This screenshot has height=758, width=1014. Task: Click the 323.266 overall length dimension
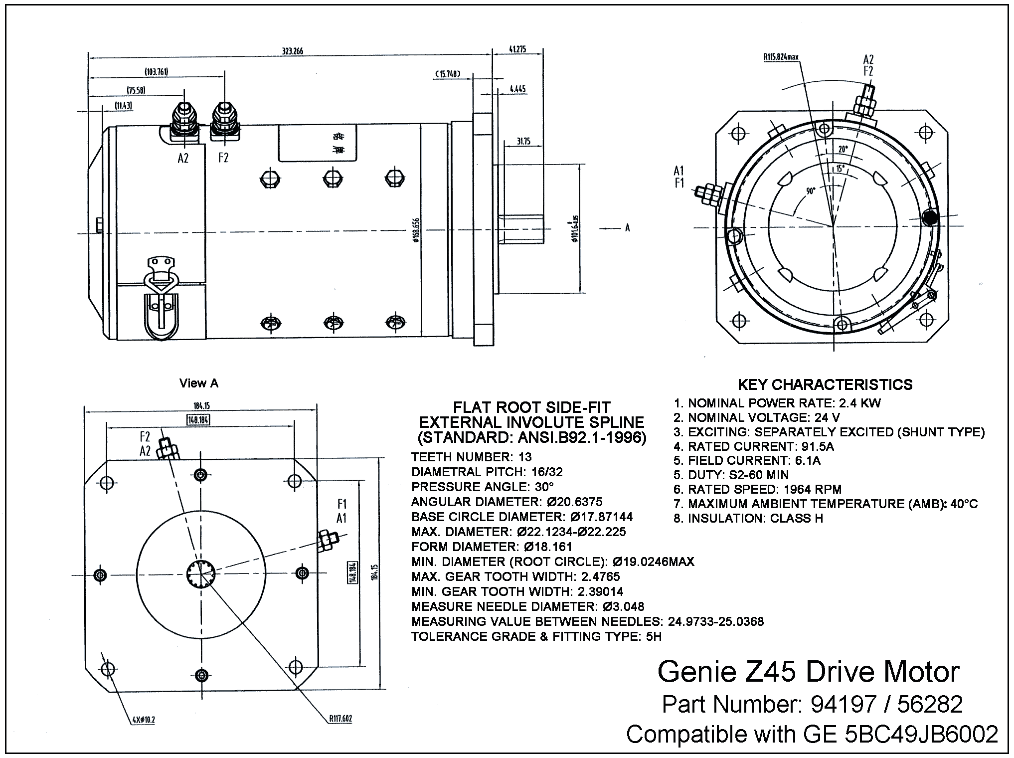[293, 51]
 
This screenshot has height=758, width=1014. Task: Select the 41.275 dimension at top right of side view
[518, 49]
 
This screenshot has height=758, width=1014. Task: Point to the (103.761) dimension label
[157, 72]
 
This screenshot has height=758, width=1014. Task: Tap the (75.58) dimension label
[136, 90]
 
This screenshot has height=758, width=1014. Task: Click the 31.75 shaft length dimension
[523, 142]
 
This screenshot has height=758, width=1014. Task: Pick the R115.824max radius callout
[781, 57]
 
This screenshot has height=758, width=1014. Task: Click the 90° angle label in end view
[810, 191]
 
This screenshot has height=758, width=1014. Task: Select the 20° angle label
[843, 149]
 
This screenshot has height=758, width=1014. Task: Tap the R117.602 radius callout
[340, 719]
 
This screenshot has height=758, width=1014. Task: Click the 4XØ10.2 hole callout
[144, 720]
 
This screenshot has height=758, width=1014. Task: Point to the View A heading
[199, 383]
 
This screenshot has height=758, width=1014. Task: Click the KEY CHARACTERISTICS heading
[825, 384]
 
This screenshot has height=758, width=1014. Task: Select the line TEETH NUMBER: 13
[471, 457]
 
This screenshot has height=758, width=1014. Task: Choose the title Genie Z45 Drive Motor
[808, 672]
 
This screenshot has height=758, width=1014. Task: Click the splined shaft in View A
[201, 574]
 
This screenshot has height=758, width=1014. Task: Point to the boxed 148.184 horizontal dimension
[198, 420]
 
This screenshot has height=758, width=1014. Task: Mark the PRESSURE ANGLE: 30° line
[483, 487]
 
